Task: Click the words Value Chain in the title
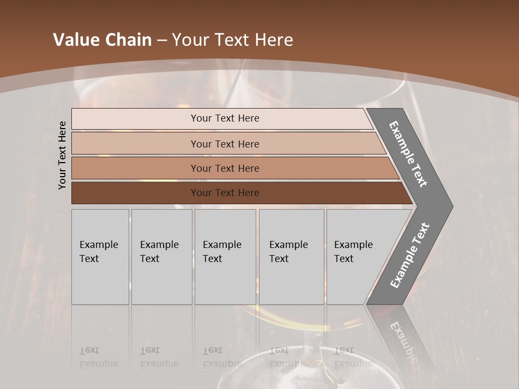(102, 40)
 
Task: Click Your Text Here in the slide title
(232, 40)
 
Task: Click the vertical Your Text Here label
(62, 155)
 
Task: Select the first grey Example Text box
(100, 257)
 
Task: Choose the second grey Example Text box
(162, 257)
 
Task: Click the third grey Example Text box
(225, 257)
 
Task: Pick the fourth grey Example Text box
(291, 257)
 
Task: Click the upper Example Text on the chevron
(408, 154)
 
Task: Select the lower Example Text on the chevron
(410, 256)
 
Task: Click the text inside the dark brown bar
(225, 193)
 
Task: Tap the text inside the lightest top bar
(225, 118)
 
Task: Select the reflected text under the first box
(98, 357)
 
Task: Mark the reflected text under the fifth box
(353, 357)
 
